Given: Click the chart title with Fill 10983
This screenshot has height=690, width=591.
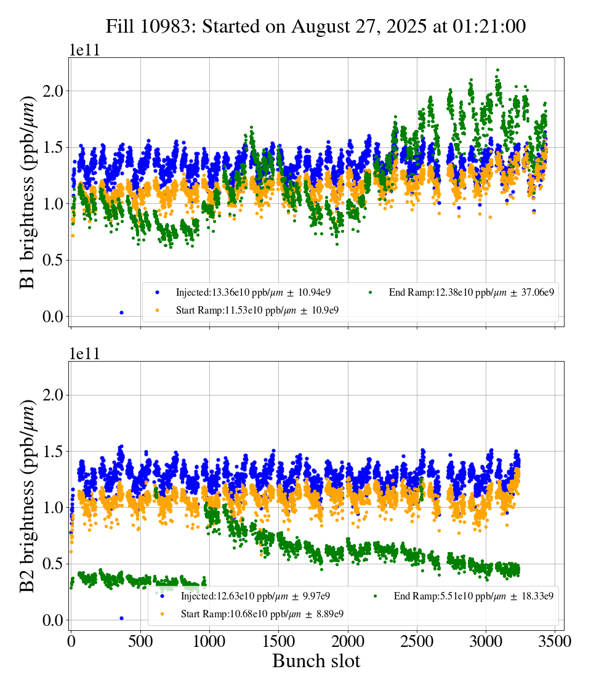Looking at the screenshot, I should pyautogui.click(x=315, y=26).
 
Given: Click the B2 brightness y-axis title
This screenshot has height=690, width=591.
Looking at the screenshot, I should pyautogui.click(x=28, y=496).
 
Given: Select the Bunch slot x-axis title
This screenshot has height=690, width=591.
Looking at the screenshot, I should pyautogui.click(x=316, y=661).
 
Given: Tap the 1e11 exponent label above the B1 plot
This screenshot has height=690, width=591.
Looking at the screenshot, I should pyautogui.click(x=84, y=51).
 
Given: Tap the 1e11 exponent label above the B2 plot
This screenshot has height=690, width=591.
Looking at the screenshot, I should pyautogui.click(x=84, y=354).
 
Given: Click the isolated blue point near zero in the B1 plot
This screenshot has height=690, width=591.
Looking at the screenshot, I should pyautogui.click(x=121, y=312).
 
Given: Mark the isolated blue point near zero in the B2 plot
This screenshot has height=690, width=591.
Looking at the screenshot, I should pyautogui.click(x=121, y=617).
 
